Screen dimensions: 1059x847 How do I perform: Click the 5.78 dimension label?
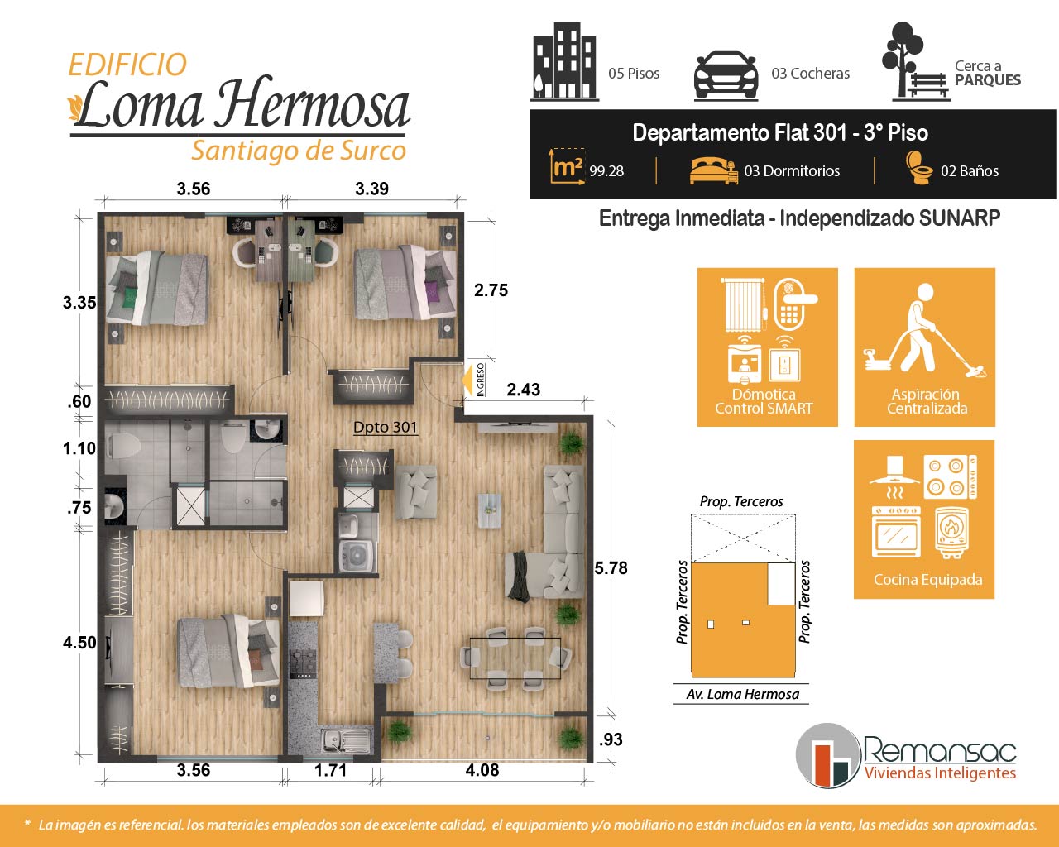pyautogui.click(x=611, y=568)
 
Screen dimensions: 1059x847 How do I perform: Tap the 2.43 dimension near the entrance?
pyautogui.click(x=524, y=390)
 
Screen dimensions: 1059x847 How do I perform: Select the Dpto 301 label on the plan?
pyautogui.click(x=386, y=427)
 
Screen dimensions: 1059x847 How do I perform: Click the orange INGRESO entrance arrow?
pyautogui.click(x=467, y=380)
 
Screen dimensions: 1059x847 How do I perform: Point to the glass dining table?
pyautogui.click(x=515, y=658)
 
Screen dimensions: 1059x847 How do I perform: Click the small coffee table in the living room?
pyautogui.click(x=490, y=510)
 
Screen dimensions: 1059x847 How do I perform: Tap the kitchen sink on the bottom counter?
pyautogui.click(x=345, y=740)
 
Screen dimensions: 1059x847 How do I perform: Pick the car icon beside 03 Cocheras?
pyautogui.click(x=726, y=75)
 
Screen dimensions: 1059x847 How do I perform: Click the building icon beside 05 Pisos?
pyautogui.click(x=564, y=61)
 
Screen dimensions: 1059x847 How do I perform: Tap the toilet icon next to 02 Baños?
pyautogui.click(x=918, y=167)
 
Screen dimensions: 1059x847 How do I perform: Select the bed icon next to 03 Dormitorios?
pyautogui.click(x=713, y=170)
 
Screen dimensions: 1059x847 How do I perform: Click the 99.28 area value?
pyautogui.click(x=606, y=171)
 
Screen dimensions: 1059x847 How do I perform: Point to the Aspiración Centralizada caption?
pyautogui.click(x=927, y=401)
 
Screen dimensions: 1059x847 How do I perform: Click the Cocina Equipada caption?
pyautogui.click(x=927, y=580)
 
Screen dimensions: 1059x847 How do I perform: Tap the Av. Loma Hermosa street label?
pyautogui.click(x=743, y=695)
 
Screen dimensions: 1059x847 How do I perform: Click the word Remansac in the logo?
pyautogui.click(x=940, y=751)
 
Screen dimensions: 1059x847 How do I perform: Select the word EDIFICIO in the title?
pyautogui.click(x=127, y=65)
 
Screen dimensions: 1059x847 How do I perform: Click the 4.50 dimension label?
pyautogui.click(x=79, y=643)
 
